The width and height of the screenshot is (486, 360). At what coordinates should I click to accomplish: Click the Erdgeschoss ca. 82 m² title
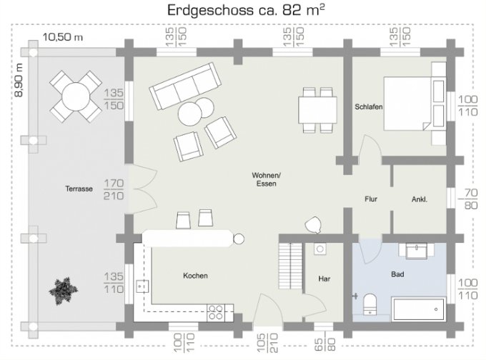pos(247,10)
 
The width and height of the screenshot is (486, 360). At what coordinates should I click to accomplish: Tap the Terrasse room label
pos(79,189)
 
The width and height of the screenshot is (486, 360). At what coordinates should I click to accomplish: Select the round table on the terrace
pos(76,96)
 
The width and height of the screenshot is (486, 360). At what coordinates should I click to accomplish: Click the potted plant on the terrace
pos(64,291)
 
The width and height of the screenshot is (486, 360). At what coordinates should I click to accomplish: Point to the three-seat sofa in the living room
pos(185,86)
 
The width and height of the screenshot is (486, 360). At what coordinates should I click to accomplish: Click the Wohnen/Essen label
pos(267,179)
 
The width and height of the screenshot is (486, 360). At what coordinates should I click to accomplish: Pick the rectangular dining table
pos(318,110)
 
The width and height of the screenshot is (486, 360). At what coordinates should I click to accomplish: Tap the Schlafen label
pos(369,107)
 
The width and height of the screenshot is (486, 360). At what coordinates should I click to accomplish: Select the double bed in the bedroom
pos(415,103)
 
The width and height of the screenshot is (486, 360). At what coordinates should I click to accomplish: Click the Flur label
pos(371,199)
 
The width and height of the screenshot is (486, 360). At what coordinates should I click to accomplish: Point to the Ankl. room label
pos(420,199)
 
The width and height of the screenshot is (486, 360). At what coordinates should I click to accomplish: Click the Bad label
pos(397,274)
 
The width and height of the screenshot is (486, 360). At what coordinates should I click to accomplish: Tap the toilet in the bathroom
pos(370,304)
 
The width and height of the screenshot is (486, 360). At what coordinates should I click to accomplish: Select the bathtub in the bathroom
pos(418,309)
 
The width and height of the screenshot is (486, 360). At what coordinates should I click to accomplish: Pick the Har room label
pos(324,279)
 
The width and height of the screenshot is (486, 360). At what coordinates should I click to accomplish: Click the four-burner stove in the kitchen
pos(215,312)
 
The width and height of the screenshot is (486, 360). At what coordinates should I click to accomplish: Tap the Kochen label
pos(195,276)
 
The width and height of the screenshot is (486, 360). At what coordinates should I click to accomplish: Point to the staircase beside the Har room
pos(290,266)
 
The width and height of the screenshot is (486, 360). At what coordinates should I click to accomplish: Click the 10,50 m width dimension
pos(63,37)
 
